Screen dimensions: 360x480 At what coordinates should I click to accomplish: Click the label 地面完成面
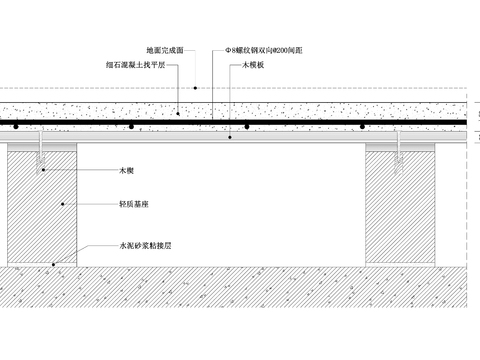tap(164, 50)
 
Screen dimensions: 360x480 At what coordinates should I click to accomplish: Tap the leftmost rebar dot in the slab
tap(17, 126)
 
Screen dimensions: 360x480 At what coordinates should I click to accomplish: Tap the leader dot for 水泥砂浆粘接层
tap(53, 266)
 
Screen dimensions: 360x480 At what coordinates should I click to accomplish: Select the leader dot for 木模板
tap(230, 138)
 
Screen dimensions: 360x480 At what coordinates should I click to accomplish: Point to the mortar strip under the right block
tap(400, 266)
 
